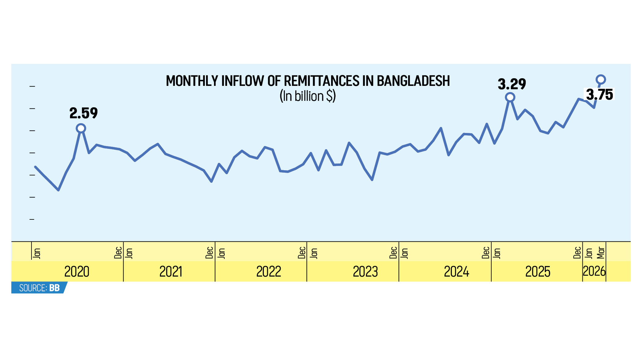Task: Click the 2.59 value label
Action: [83, 113]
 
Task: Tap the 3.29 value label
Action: [512, 84]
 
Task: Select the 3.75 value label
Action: [599, 94]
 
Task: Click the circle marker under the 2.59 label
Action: [81, 128]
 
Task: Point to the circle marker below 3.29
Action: [510, 97]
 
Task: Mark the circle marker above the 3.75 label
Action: [601, 80]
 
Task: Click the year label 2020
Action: [77, 272]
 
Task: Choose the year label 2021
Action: [171, 272]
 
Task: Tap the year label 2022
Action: [268, 272]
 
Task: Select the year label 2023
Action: [365, 272]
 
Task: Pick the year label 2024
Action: [456, 272]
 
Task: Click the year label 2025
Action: [538, 272]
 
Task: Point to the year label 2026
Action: [594, 271]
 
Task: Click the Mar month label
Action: [601, 252]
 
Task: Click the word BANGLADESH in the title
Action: [413, 81]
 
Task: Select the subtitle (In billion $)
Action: [308, 96]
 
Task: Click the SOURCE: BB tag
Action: [39, 288]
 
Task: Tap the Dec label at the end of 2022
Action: [302, 252]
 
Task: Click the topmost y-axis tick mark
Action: [32, 86]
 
